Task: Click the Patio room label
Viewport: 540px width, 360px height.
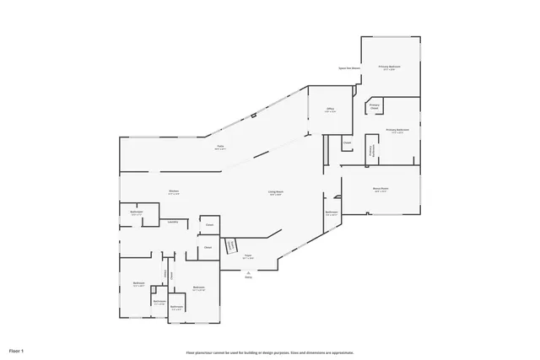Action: pos(220,147)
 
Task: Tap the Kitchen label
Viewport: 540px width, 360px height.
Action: pos(174,191)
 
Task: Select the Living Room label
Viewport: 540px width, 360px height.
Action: pos(275,192)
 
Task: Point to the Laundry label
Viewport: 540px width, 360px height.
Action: pos(172,222)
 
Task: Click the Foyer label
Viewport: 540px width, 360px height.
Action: pos(249,255)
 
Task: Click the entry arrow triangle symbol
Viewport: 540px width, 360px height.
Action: pos(248,271)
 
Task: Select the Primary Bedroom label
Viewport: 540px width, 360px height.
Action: pos(389,66)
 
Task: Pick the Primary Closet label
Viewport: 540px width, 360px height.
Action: pos(375,106)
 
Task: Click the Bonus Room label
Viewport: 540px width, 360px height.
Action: pos(381,188)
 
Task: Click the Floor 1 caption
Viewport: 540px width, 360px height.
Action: pos(17,349)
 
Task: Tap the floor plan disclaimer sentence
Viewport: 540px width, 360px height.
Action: pos(270,352)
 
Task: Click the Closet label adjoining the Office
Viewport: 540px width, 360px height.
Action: pos(347,142)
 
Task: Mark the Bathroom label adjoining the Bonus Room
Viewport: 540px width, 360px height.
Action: pos(332,212)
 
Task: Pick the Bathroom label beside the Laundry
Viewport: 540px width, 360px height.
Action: pos(137,212)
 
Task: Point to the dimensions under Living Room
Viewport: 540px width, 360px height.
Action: pos(275,196)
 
